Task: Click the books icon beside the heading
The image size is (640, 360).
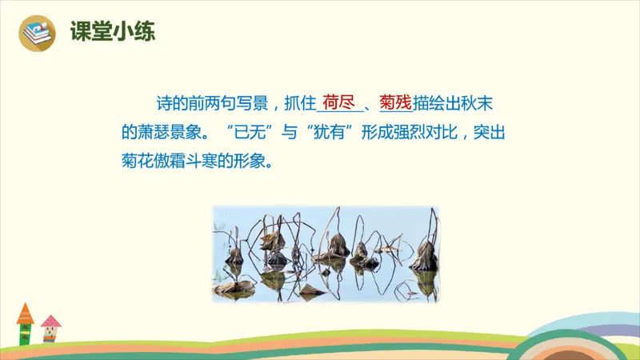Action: coord(36,34)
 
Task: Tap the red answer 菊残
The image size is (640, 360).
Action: coord(395,102)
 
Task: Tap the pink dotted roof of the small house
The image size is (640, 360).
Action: coord(51,321)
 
